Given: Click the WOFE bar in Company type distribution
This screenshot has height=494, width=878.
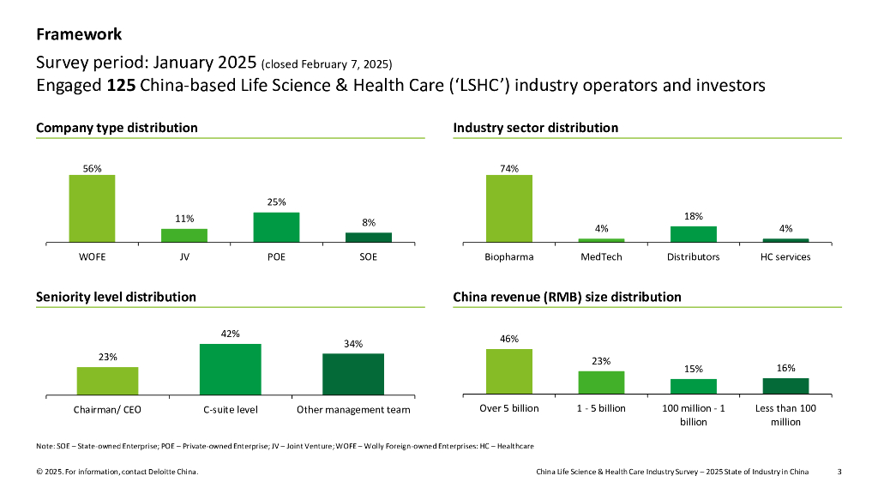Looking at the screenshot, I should point(92,208).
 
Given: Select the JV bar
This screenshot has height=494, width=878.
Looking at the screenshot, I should point(184,235).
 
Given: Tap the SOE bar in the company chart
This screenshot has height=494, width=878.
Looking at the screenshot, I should point(369,237).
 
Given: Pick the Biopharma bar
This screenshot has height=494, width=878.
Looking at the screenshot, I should point(509,208).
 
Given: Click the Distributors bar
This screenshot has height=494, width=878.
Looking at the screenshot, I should point(694,234).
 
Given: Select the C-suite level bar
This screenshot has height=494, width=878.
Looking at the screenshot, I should point(231,370).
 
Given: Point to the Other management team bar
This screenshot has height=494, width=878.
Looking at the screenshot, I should point(353,374).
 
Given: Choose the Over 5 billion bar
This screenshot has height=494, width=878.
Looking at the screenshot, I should point(509,372).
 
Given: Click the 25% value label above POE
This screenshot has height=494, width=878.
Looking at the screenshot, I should point(276,202).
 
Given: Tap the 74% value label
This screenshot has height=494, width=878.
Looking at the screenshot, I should point(509,169).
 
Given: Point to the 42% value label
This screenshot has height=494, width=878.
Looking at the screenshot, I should point(231,334).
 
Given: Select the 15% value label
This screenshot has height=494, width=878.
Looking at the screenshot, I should point(694,369).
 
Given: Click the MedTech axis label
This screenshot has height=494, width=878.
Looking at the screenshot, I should point(601,257).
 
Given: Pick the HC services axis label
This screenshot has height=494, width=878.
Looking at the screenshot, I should point(785,257).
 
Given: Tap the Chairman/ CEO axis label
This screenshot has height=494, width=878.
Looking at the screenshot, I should point(107,410).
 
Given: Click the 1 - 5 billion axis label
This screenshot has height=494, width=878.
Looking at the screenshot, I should point(601,408).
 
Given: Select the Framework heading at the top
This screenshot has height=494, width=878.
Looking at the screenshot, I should point(79,34).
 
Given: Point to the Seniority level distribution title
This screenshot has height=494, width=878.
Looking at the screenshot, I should point(116,297).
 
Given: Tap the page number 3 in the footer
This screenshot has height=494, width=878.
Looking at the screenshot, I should point(839,472).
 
